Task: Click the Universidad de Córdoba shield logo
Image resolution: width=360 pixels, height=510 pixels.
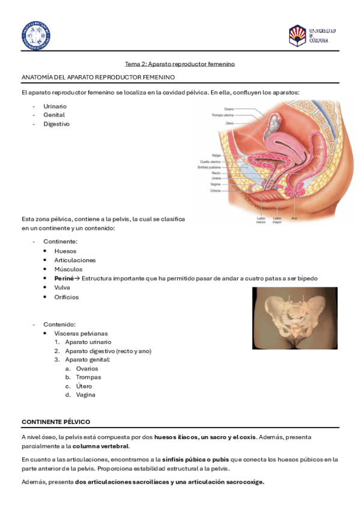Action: pos(297,35)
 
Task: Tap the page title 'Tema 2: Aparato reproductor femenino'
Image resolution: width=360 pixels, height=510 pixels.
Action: pos(180,64)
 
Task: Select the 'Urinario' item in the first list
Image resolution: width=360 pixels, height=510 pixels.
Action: pos(55,106)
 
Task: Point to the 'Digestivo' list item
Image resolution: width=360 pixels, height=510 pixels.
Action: pos(56,124)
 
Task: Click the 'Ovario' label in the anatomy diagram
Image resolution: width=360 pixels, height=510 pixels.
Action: pos(229,109)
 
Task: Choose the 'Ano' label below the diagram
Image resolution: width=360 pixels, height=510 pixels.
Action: pos(294,217)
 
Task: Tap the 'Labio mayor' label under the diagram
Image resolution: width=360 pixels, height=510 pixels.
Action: pos(277,220)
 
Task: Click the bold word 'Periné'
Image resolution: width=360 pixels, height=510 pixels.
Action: pos(64,278)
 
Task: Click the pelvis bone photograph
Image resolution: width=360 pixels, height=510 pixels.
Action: pos(294,318)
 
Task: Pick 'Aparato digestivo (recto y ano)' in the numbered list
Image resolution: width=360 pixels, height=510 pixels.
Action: pos(108,351)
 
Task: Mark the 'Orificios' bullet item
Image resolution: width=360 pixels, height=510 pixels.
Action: pos(66,297)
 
